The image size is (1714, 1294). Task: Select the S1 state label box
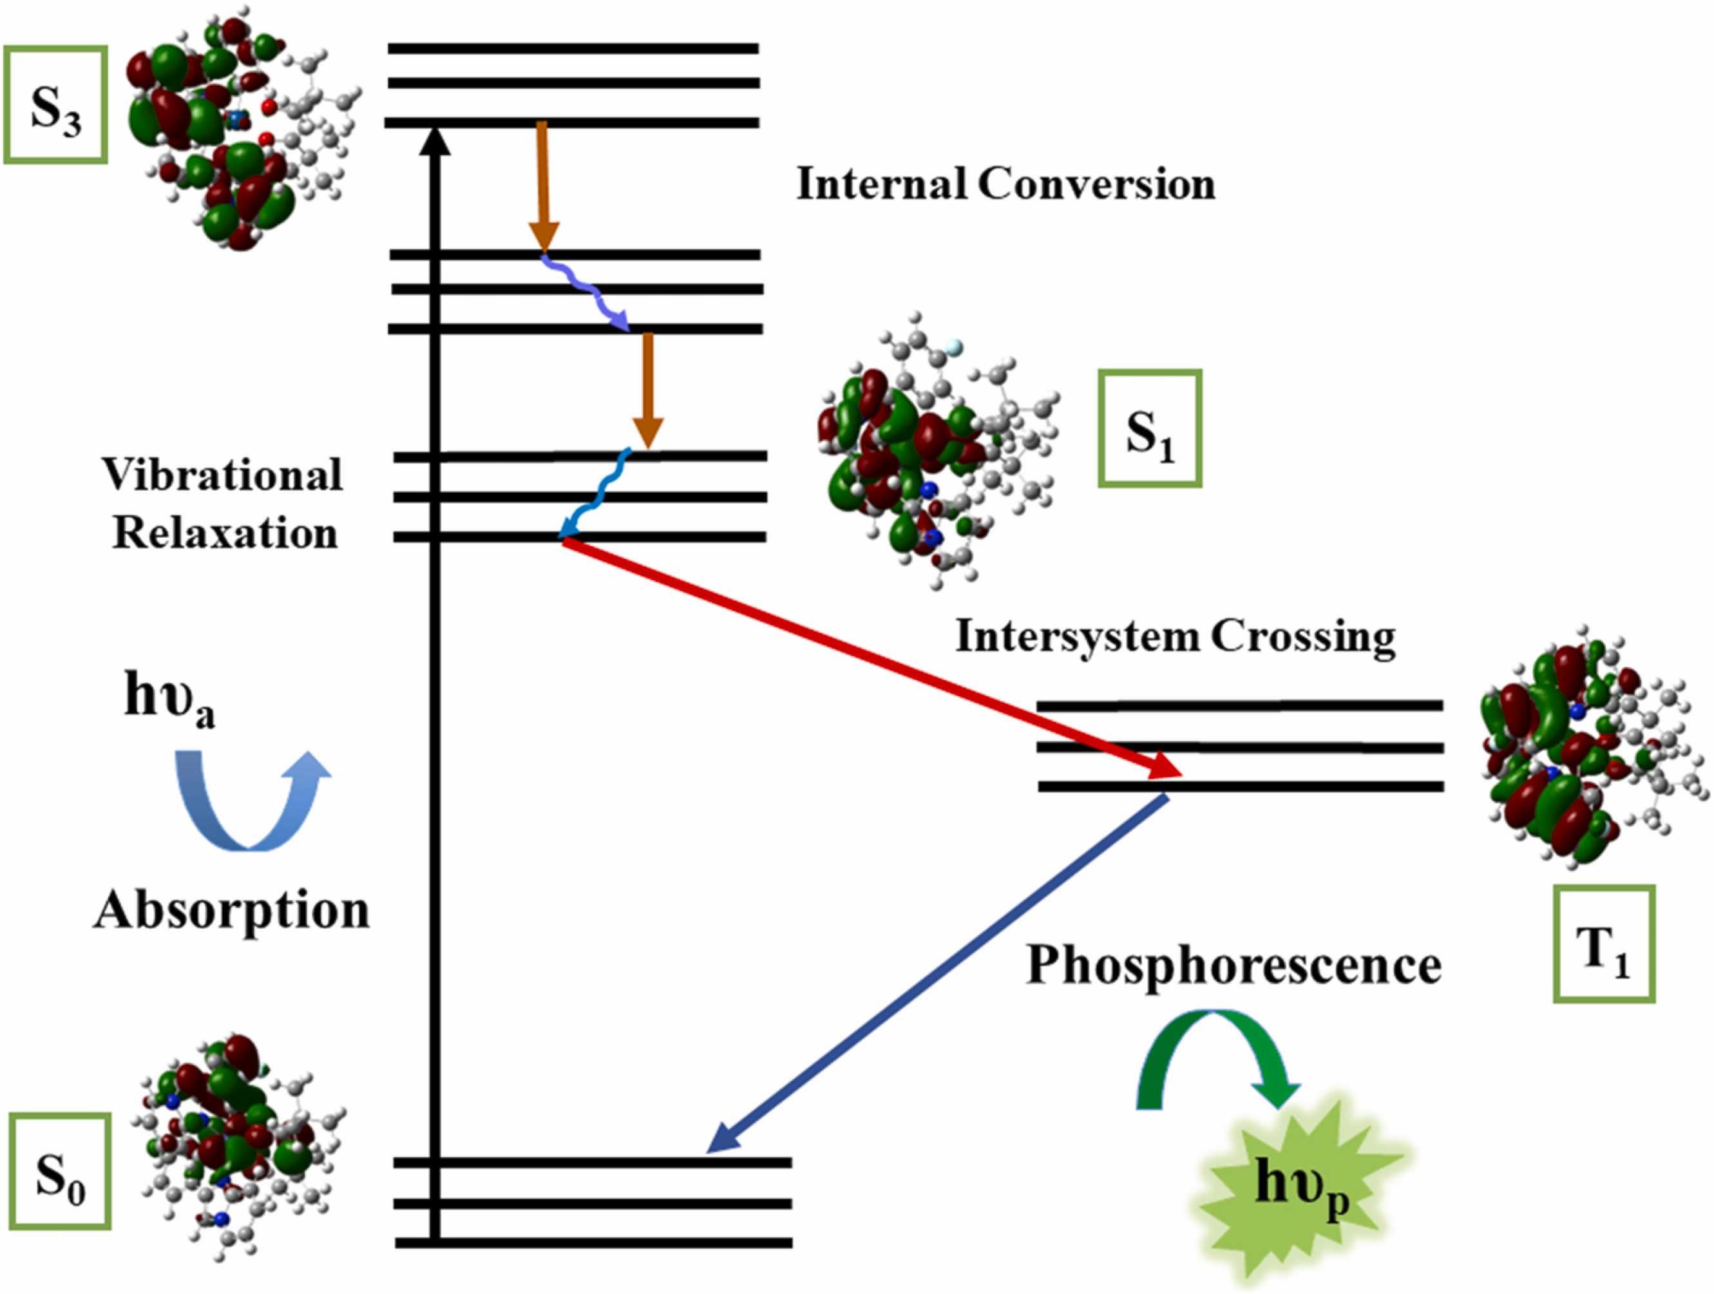(x=1149, y=428)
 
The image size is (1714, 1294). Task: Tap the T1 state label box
(x=1604, y=944)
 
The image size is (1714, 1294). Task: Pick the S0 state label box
(x=60, y=1171)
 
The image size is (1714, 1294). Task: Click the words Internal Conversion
(x=1005, y=184)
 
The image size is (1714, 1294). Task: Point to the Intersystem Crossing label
(x=1176, y=636)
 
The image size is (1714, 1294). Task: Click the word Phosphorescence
(x=1233, y=966)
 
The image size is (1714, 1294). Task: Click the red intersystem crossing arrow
(x=868, y=659)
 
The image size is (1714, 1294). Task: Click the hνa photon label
(x=169, y=698)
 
